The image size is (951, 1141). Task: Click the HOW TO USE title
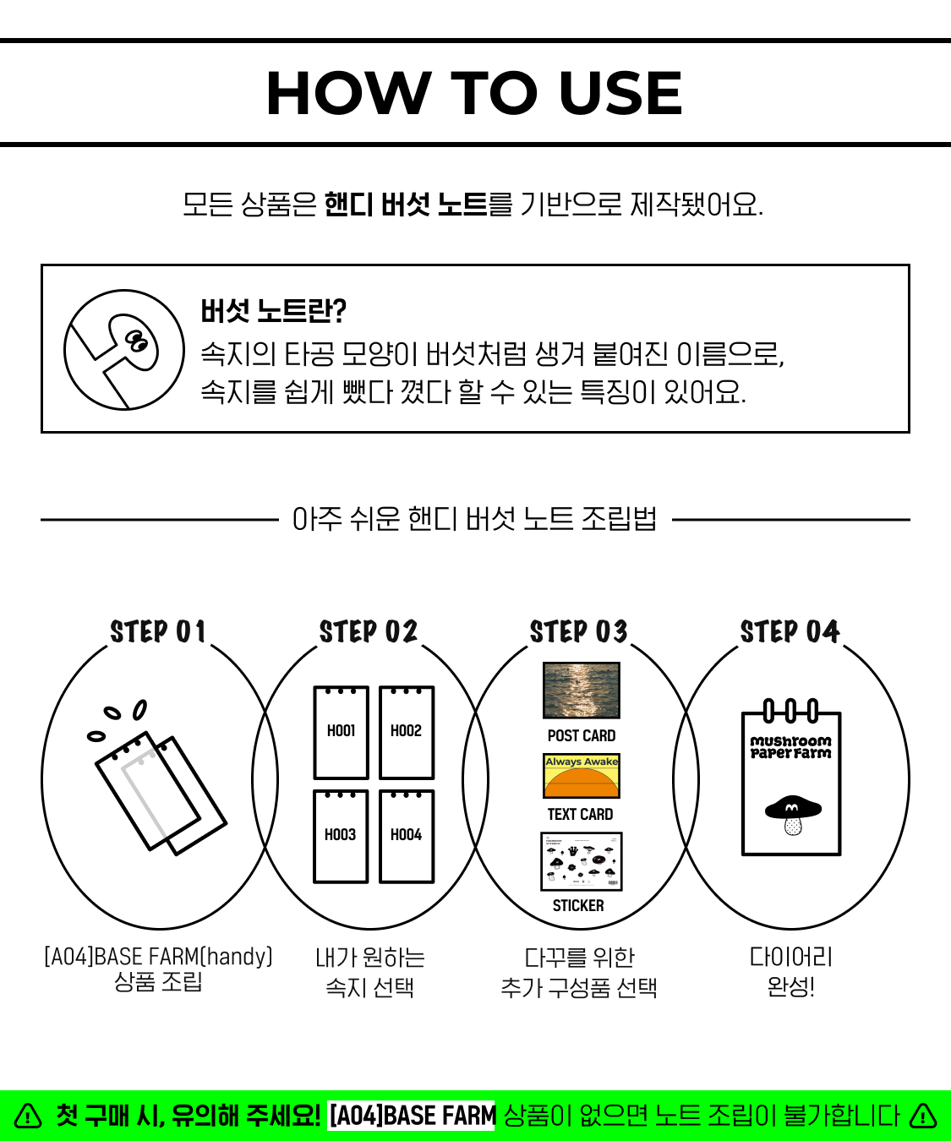(474, 94)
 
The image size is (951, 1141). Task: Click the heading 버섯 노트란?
(273, 311)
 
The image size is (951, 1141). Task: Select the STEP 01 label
(158, 631)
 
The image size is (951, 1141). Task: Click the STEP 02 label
(369, 631)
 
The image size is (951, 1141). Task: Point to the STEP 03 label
(579, 631)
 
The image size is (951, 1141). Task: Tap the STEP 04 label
(790, 631)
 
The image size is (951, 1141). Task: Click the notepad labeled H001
(341, 732)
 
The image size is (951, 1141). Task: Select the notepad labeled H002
(407, 732)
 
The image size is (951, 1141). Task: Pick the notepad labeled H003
(341, 836)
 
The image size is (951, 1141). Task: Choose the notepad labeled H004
(407, 836)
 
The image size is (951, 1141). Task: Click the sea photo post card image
(582, 691)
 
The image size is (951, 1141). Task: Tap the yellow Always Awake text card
(582, 776)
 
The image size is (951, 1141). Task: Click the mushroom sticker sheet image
(582, 862)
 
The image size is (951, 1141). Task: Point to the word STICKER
(578, 906)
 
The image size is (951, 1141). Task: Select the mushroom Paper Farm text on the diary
(791, 747)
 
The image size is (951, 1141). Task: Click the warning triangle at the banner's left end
(28, 1116)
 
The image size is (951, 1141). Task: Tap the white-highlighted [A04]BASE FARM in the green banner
(412, 1116)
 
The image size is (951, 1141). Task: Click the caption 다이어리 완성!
(791, 972)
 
